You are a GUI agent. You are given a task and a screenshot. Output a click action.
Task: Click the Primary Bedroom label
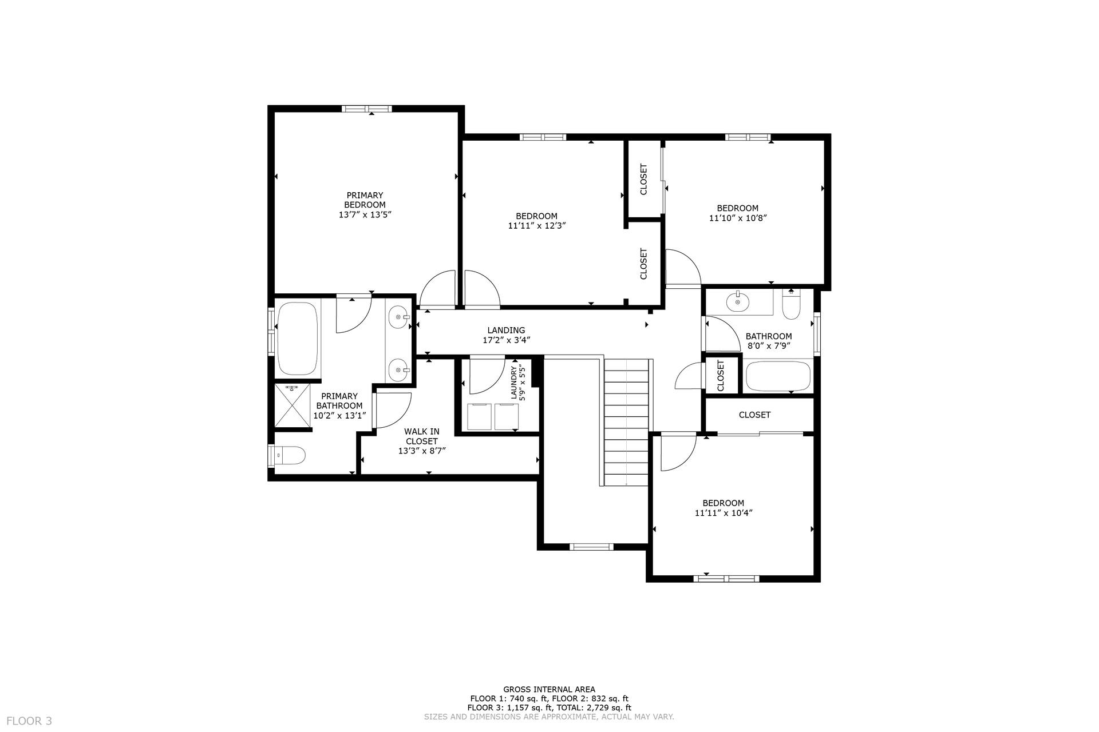click(365, 200)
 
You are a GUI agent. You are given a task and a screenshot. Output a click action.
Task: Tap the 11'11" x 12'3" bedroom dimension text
click(536, 225)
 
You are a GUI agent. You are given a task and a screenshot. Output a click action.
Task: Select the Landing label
click(506, 330)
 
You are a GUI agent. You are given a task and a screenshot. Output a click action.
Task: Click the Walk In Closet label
click(422, 436)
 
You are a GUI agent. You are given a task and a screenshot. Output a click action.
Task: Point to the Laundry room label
click(513, 383)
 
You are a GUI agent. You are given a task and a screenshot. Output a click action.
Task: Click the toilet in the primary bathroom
click(289, 455)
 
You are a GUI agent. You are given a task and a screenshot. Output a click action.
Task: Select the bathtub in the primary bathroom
click(297, 338)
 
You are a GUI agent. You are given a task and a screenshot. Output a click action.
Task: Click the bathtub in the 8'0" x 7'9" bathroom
click(778, 376)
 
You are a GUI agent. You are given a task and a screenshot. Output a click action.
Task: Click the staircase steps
click(628, 422)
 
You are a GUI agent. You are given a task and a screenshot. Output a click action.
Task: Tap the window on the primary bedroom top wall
click(367, 109)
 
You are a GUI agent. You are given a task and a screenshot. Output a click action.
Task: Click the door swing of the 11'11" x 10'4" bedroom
click(678, 453)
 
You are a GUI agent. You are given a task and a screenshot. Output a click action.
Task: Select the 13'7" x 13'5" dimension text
click(365, 214)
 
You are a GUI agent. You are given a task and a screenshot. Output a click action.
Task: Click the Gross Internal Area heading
click(549, 689)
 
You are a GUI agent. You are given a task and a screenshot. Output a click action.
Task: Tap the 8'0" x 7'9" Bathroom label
click(769, 336)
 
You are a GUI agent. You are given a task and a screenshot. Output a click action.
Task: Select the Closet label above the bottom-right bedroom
click(754, 415)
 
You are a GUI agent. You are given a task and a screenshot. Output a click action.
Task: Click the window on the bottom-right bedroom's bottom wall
click(726, 579)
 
